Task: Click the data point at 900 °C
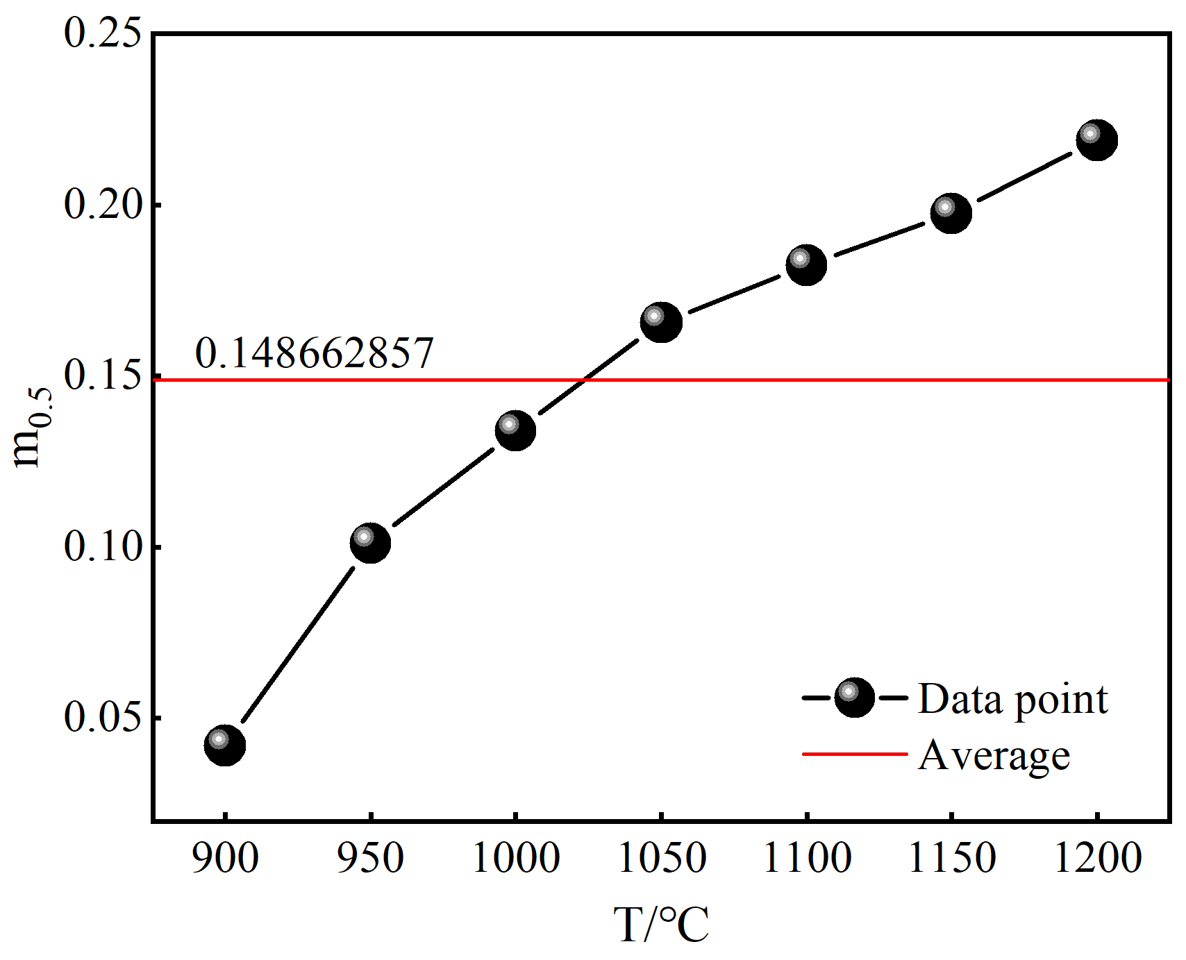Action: coord(225,745)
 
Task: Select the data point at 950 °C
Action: coord(370,543)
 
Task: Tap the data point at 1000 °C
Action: coord(515,430)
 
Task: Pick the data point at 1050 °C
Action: coord(661,322)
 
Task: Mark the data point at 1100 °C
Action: coord(806,264)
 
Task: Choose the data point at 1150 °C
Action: coord(951,212)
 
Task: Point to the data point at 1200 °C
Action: coord(1097,140)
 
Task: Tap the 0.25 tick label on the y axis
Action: coord(107,33)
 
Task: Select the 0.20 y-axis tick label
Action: coord(107,205)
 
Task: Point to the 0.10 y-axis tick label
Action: coord(107,547)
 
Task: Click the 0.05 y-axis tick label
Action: coord(107,718)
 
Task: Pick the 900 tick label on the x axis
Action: coord(225,858)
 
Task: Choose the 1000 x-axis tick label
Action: coord(515,858)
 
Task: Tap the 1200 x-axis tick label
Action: coord(1097,858)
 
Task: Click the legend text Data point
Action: coord(1012,700)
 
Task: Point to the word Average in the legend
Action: coord(994,755)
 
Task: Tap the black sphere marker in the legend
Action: coord(854,697)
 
